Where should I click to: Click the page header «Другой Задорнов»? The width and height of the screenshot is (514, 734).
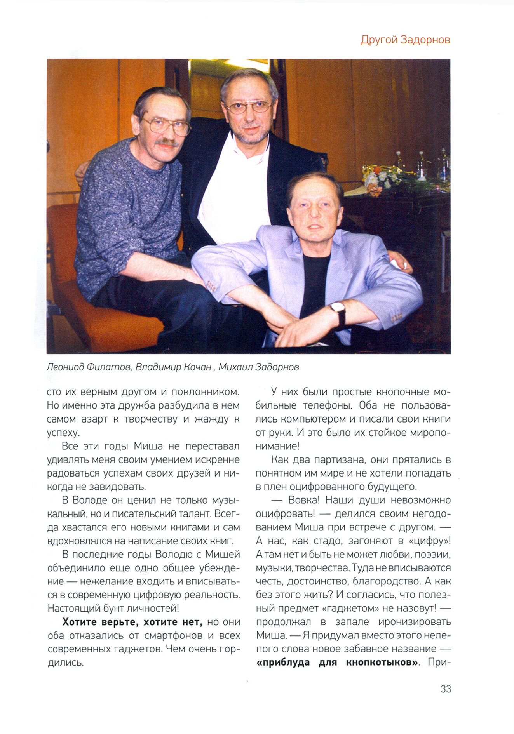[x=405, y=40]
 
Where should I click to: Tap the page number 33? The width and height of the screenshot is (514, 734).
[x=446, y=689]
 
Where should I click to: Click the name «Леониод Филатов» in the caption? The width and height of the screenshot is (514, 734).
[x=89, y=367]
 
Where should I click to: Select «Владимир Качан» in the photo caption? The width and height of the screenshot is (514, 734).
[x=173, y=367]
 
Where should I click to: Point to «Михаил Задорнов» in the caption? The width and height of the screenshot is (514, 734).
[x=258, y=367]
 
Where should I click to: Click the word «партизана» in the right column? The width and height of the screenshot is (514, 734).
[x=340, y=460]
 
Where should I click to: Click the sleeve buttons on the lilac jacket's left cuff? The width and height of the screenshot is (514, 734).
[x=211, y=286]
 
